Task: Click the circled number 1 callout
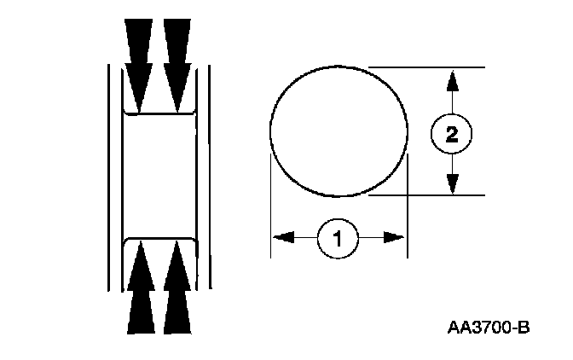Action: pyautogui.click(x=338, y=238)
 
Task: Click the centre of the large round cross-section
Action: pyautogui.click(x=339, y=131)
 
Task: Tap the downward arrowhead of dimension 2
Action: pyautogui.click(x=452, y=183)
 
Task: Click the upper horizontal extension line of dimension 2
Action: pyautogui.click(x=426, y=67)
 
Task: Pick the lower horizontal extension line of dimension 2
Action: pyautogui.click(x=426, y=195)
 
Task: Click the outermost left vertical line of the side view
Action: pyautogui.click(x=109, y=171)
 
